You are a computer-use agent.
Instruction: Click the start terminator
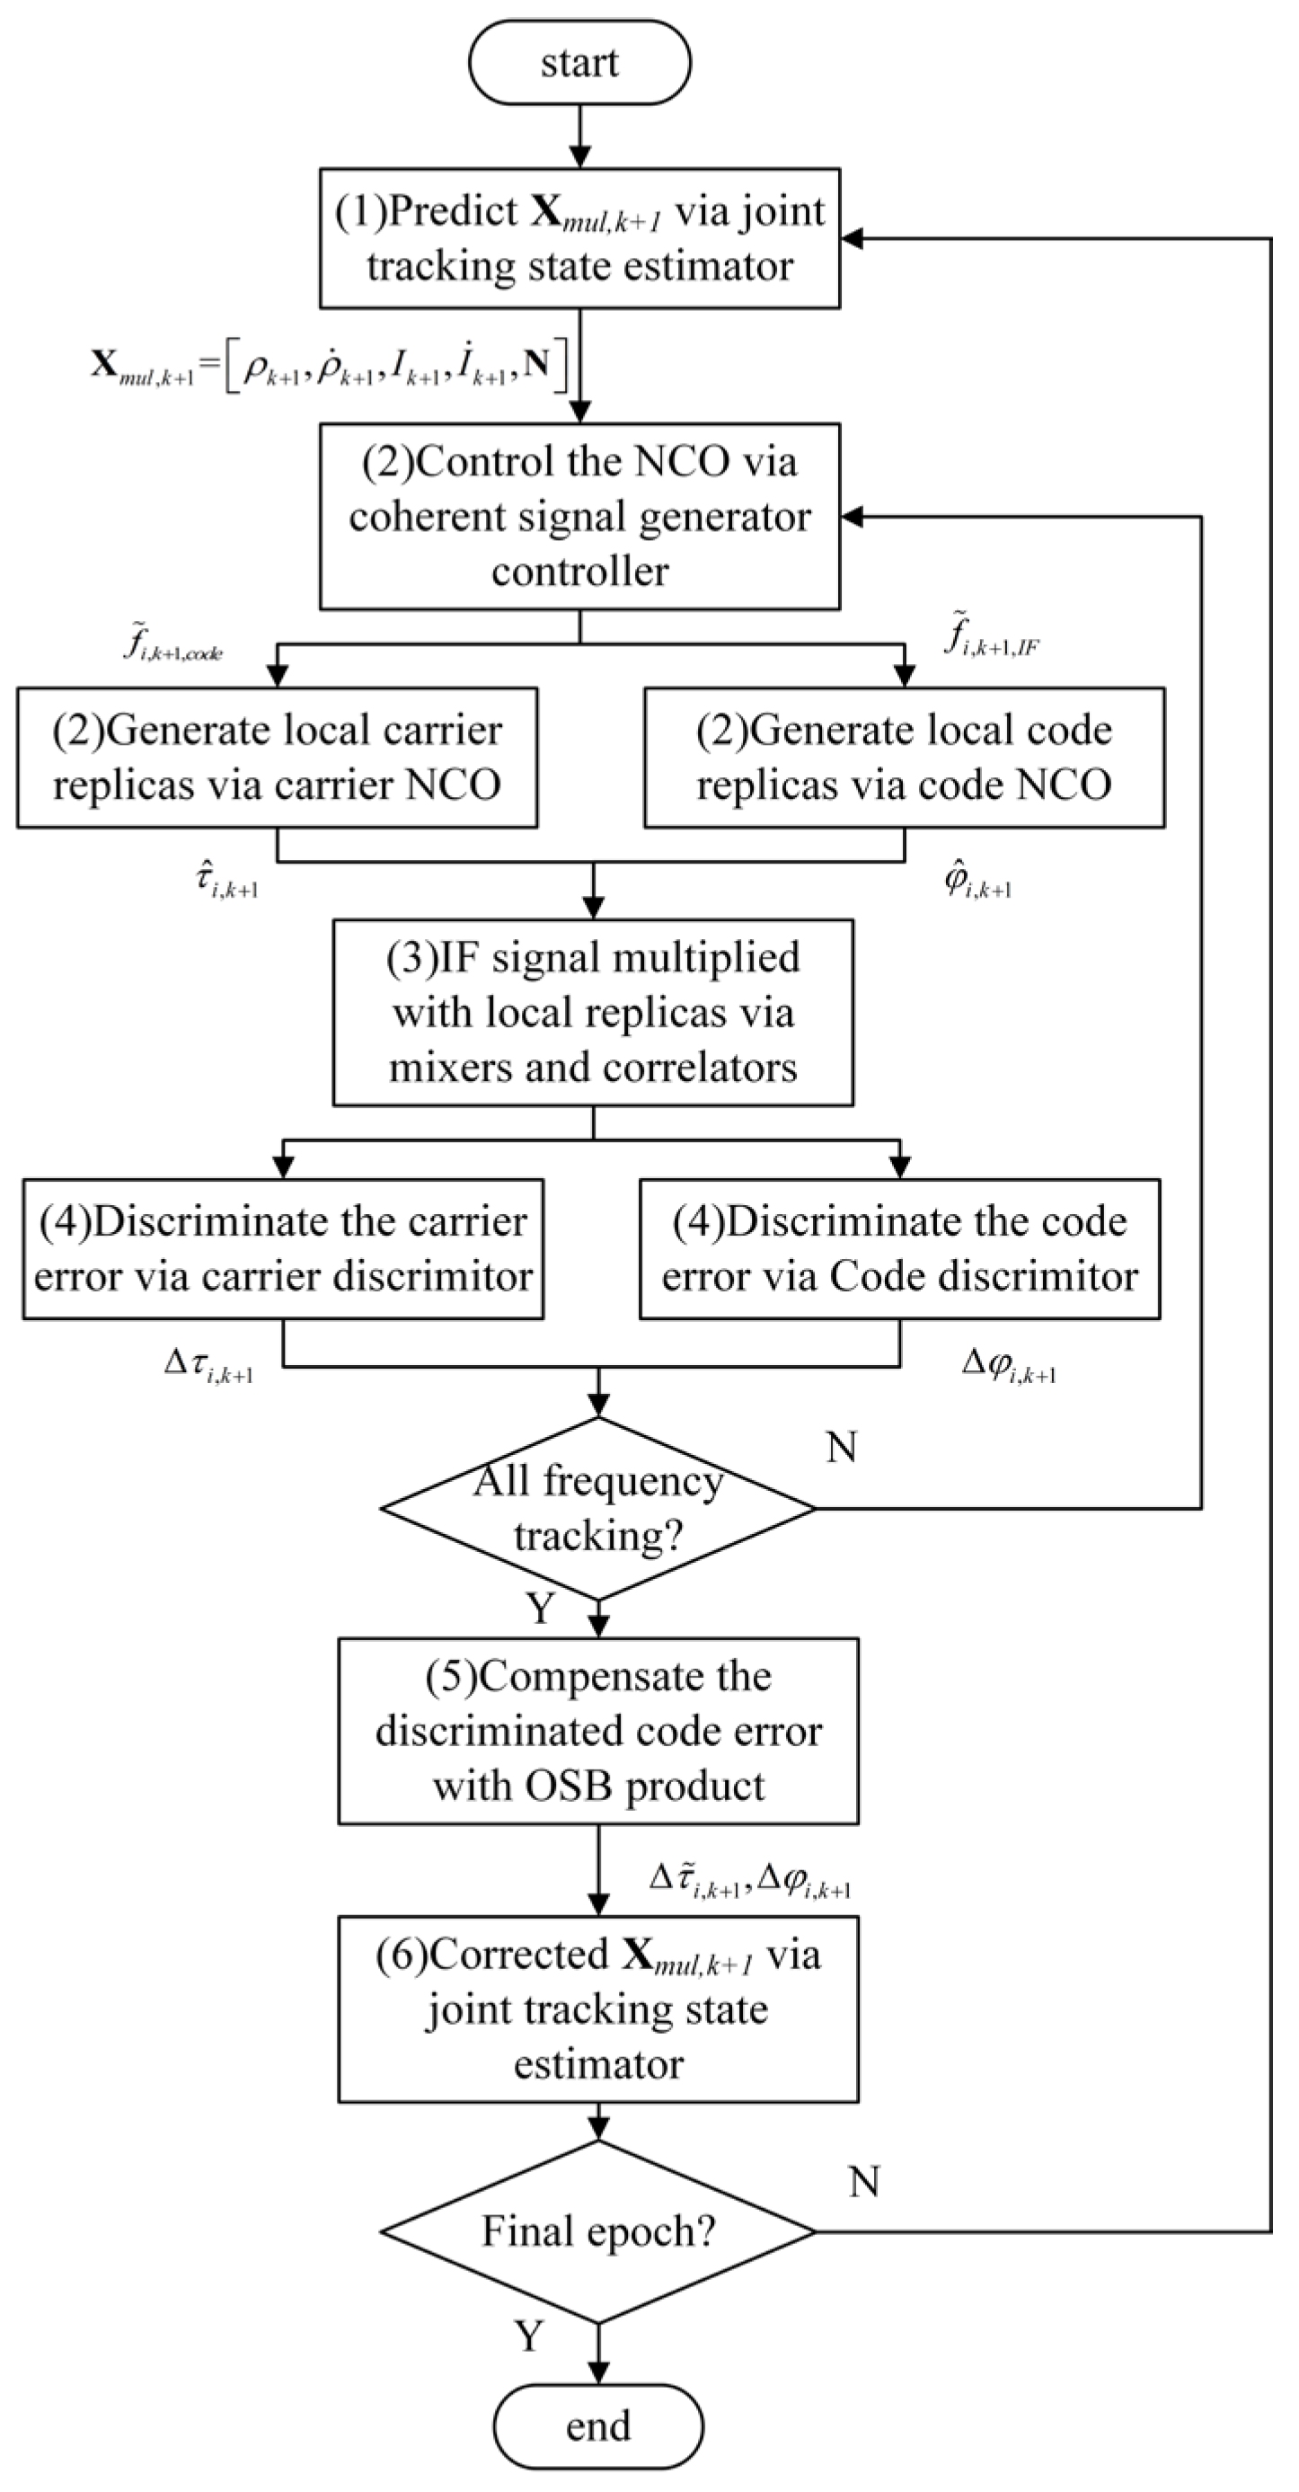coord(579,62)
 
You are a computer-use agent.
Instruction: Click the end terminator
coord(597,2425)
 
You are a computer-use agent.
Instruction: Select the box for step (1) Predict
coord(579,238)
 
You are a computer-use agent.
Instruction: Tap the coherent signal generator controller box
coord(579,516)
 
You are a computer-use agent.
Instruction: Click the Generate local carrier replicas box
coord(277,758)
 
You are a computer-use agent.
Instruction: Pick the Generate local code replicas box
coord(904,758)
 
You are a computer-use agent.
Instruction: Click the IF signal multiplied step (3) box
coord(593,1012)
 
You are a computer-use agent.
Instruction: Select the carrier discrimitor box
coord(282,1249)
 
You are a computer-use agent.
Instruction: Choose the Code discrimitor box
coord(898,1249)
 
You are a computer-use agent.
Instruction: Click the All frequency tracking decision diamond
coord(597,1508)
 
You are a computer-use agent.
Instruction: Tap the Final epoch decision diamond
coord(597,2230)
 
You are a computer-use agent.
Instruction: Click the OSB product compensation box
coord(597,1731)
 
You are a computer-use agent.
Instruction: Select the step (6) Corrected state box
coord(597,2009)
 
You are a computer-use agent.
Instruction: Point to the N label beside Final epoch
coord(863,2181)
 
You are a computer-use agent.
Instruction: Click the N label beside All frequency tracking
coord(842,1447)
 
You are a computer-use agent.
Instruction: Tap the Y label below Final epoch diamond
coord(529,2336)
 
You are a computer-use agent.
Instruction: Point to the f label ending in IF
coord(991,637)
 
